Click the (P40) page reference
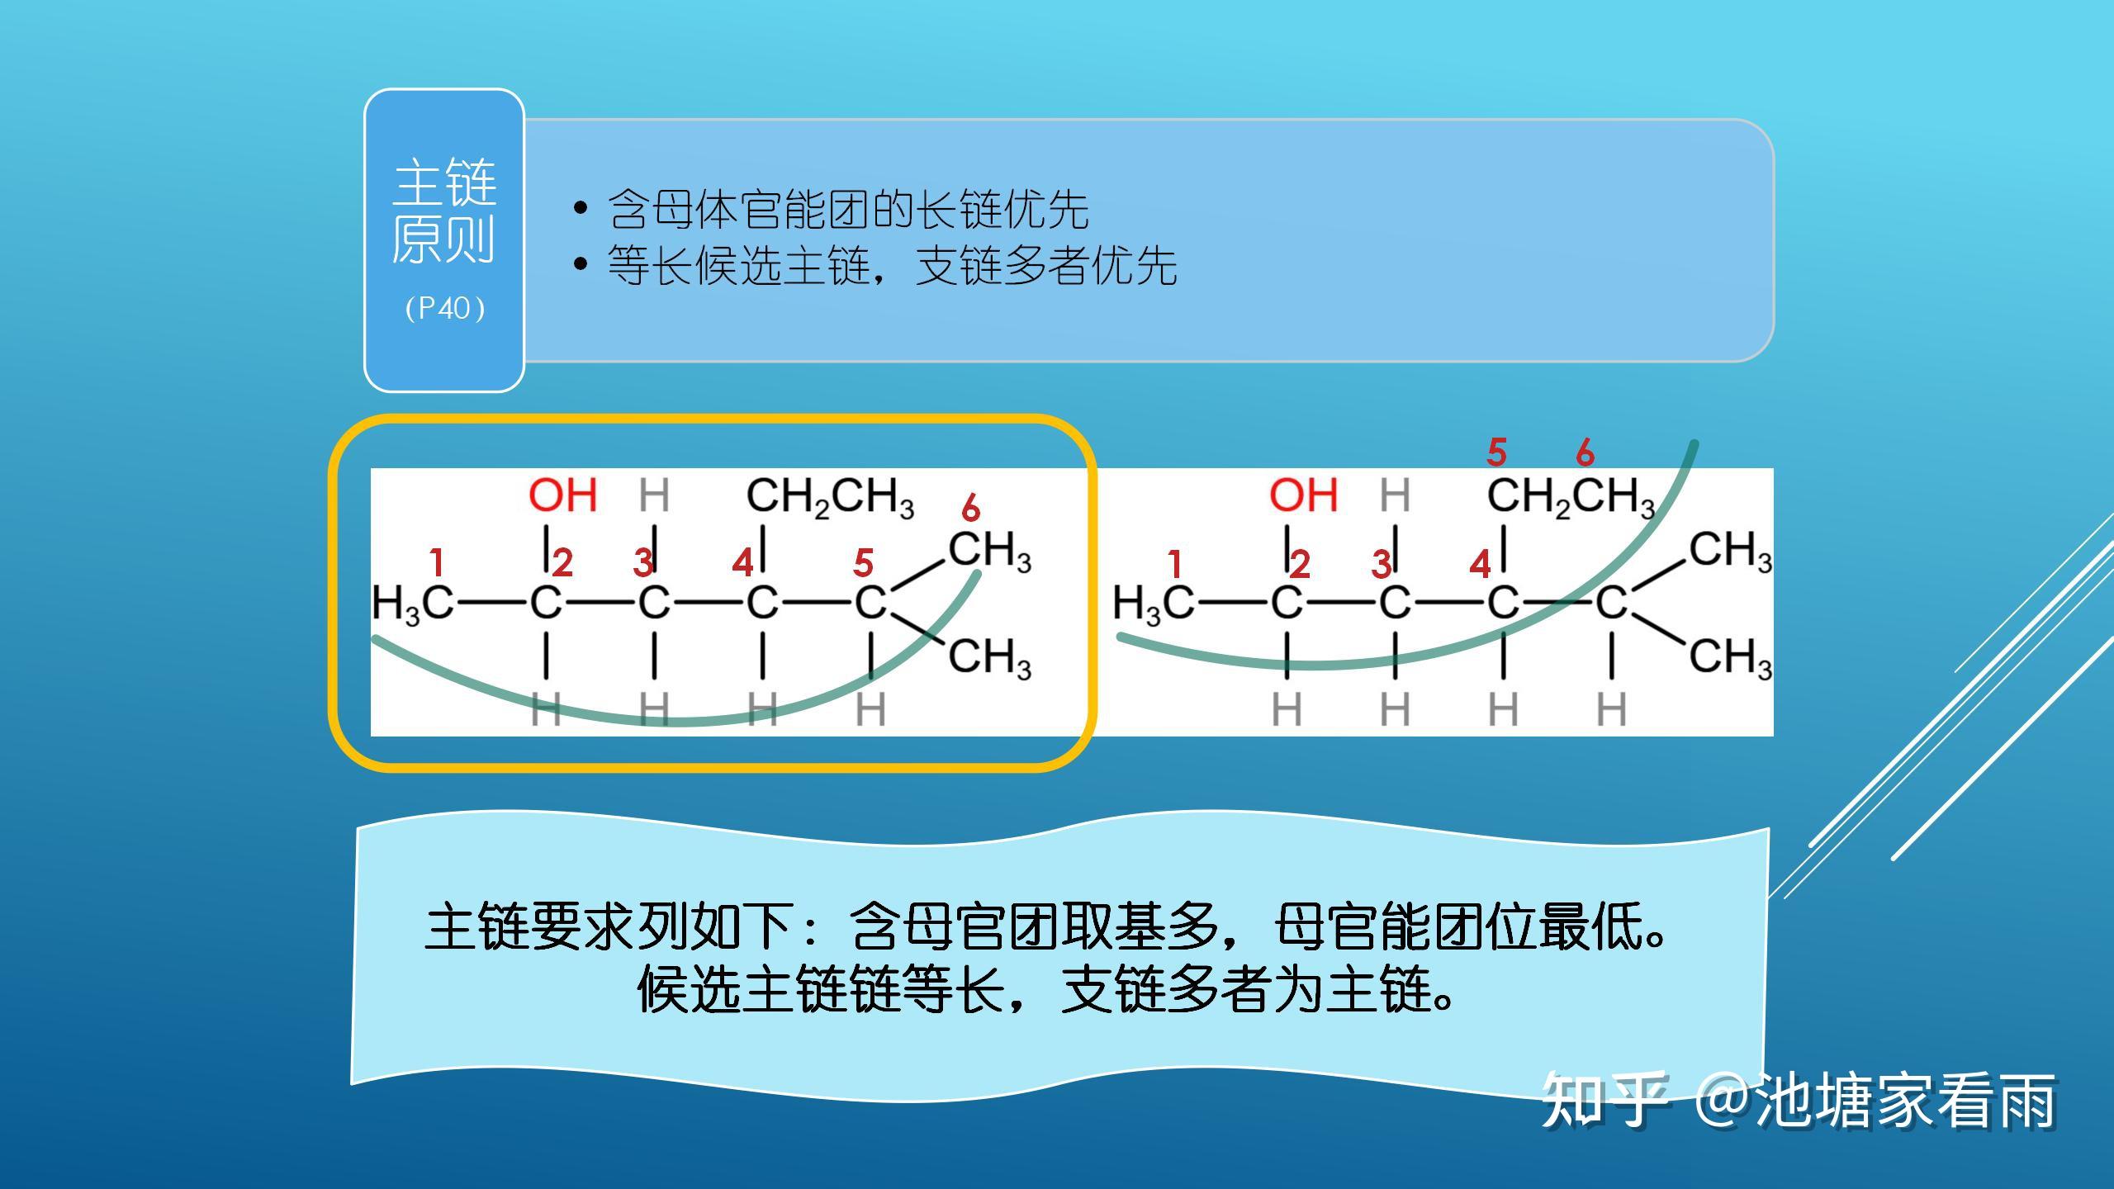pos(445,308)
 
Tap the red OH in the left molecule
pos(562,495)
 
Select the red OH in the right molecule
pos(1303,495)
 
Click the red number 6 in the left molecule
pos(970,509)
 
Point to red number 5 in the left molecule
pos(863,563)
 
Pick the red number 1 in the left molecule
pos(437,563)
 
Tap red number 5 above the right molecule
pos(1496,452)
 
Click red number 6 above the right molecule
pos(1585,452)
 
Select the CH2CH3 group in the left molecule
pos(830,498)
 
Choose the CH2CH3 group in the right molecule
pos(1571,498)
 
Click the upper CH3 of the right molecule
pos(1731,551)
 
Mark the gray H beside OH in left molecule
pos(654,495)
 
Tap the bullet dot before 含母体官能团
pos(581,207)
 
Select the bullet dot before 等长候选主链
pos(581,264)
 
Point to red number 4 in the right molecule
pos(1480,565)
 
